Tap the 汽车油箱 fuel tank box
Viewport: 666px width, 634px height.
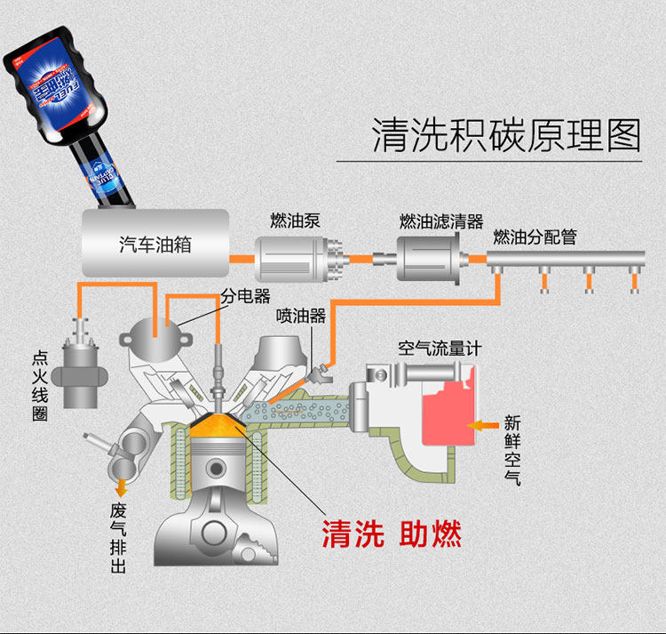tap(155, 243)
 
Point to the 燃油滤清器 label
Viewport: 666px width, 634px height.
tap(440, 221)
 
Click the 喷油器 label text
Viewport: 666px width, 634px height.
tap(301, 316)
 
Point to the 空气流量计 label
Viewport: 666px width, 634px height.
tap(439, 348)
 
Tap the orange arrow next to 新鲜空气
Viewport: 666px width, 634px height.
tap(482, 426)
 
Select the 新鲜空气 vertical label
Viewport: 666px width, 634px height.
tap(513, 450)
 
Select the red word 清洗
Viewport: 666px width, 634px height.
tap(353, 534)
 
